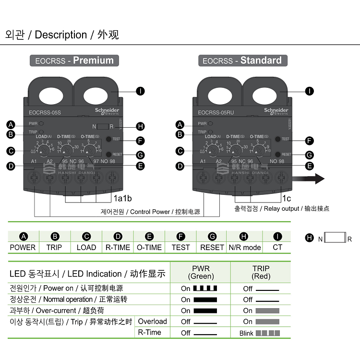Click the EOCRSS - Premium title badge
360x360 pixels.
click(x=74, y=60)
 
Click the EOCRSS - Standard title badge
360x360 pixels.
click(x=242, y=60)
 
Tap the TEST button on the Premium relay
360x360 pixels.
click(x=109, y=139)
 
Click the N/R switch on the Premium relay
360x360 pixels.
click(x=102, y=127)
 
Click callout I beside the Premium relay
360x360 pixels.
click(x=140, y=91)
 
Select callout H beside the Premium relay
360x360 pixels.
click(x=140, y=127)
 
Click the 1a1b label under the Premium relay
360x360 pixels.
click(x=123, y=198)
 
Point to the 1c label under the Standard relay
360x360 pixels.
click(x=287, y=198)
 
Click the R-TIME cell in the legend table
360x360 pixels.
click(x=118, y=247)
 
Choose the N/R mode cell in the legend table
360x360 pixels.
click(x=244, y=247)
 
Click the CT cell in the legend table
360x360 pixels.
click(x=277, y=247)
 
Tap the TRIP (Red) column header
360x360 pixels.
click(x=261, y=272)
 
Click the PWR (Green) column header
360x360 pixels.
click(x=201, y=272)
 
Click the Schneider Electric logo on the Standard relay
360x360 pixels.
click(x=276, y=111)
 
